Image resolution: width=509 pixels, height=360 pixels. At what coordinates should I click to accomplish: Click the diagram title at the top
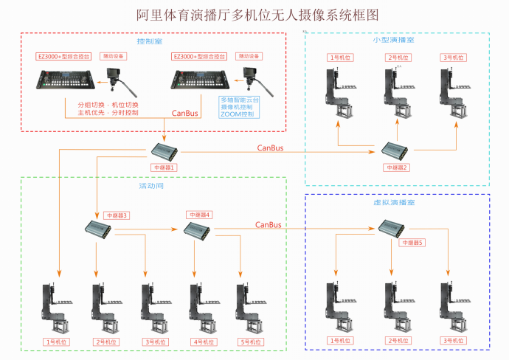254,15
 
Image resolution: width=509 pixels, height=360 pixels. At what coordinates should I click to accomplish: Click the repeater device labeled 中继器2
395,150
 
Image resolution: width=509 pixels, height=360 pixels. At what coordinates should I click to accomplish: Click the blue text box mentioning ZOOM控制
240,107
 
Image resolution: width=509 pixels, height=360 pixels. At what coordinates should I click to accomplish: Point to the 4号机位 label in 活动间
204,342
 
